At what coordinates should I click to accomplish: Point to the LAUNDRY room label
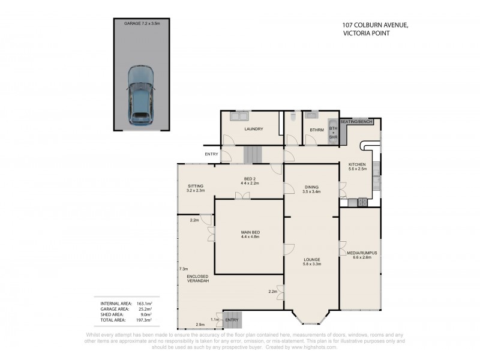pyautogui.click(x=253, y=129)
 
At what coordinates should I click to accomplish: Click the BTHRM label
pyautogui.click(x=316, y=130)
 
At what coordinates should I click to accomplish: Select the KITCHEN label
pyautogui.click(x=357, y=164)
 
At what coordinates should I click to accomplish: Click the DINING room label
pyautogui.click(x=311, y=186)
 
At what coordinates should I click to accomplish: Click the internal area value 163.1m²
pyautogui.click(x=144, y=304)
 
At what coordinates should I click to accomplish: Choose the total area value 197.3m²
pyautogui.click(x=144, y=320)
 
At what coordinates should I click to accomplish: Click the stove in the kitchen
pyautogui.click(x=363, y=202)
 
